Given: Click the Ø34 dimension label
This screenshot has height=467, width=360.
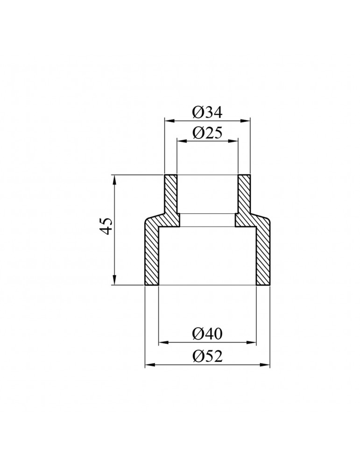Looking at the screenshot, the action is click(x=207, y=113).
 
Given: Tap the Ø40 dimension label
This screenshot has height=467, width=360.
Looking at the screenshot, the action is click(x=207, y=334).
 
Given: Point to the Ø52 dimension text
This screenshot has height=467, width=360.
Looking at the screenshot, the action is click(x=207, y=356).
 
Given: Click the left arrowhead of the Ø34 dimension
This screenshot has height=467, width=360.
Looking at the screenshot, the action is click(x=169, y=120).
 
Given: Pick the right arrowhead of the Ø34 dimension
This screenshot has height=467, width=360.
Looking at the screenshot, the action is click(x=245, y=120).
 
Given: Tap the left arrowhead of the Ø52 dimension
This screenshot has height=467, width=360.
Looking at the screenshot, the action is click(x=149, y=365).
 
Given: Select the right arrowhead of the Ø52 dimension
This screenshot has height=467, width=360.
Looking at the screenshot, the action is click(x=265, y=365).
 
